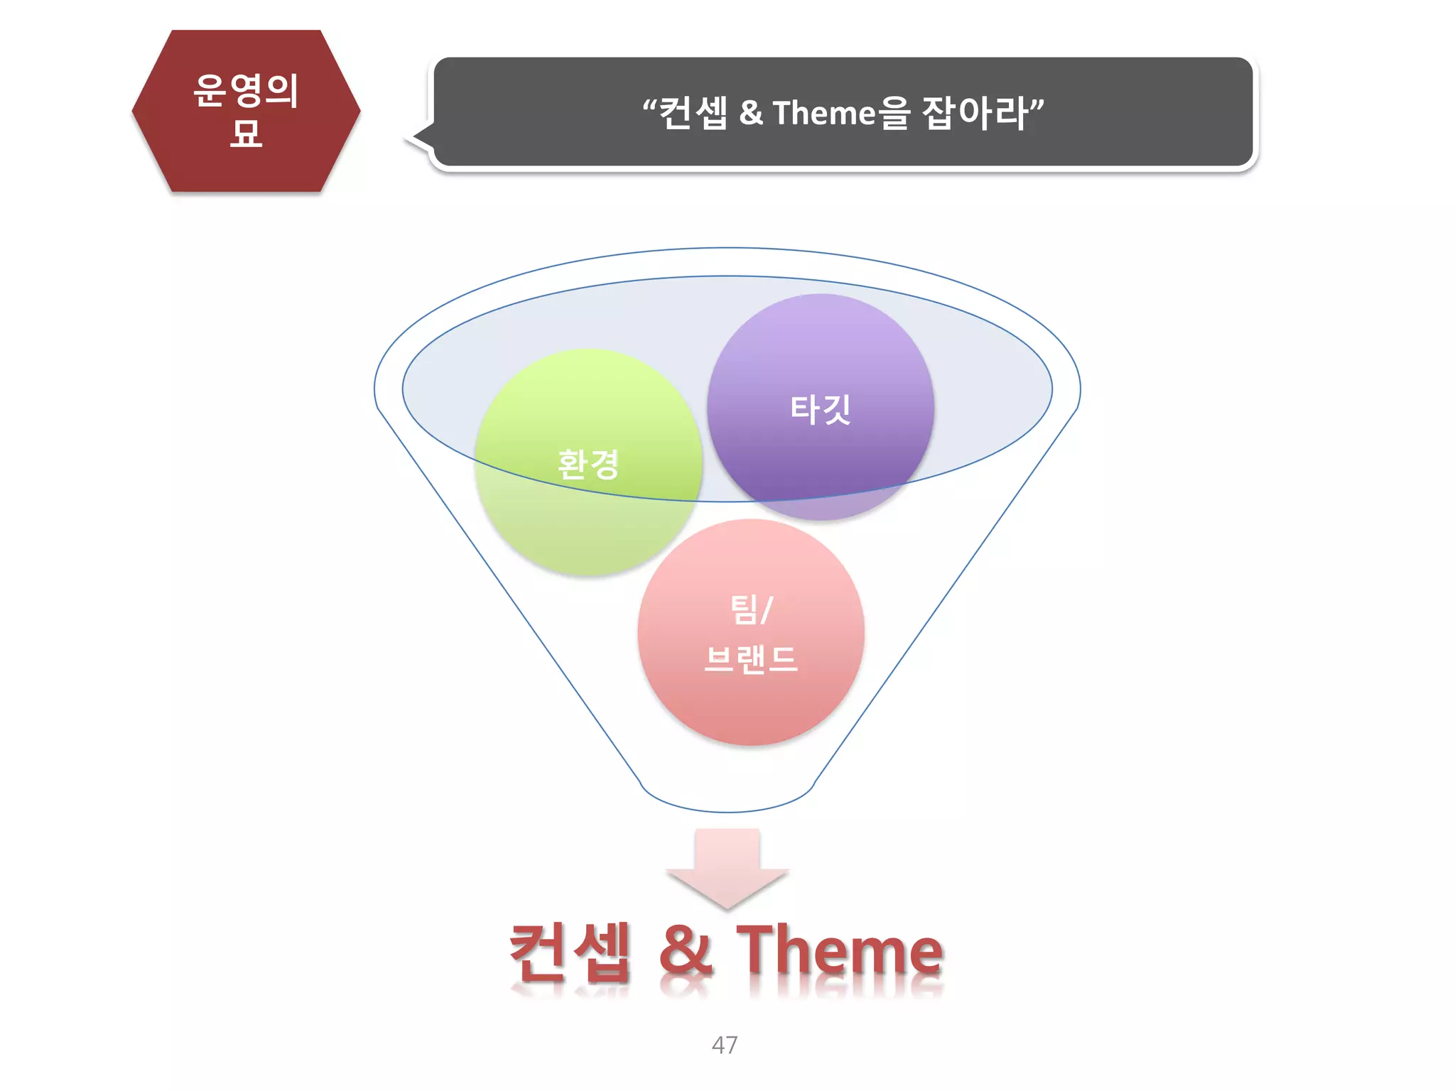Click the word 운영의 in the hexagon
tap(246, 90)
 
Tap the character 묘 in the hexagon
tap(246, 133)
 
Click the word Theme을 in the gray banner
tap(841, 113)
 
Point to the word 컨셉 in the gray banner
tap(693, 113)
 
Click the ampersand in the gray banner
tap(750, 113)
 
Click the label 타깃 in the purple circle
tap(821, 409)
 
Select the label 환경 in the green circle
tap(588, 465)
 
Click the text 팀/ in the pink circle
tap(751, 609)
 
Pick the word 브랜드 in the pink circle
tap(751, 659)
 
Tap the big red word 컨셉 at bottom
tap(570, 952)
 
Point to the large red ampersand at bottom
tap(686, 952)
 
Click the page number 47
tap(725, 1044)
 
